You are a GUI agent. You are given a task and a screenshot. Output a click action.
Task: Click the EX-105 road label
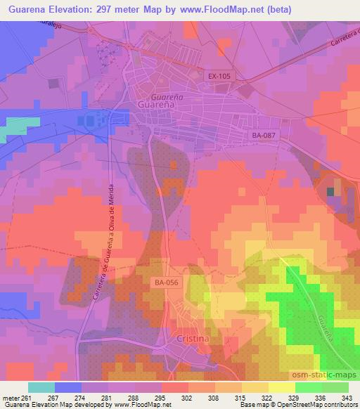(x=219, y=75)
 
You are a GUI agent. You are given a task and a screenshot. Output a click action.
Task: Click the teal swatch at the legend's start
(x=41, y=387)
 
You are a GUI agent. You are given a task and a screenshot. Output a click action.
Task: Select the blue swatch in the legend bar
(x=67, y=387)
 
